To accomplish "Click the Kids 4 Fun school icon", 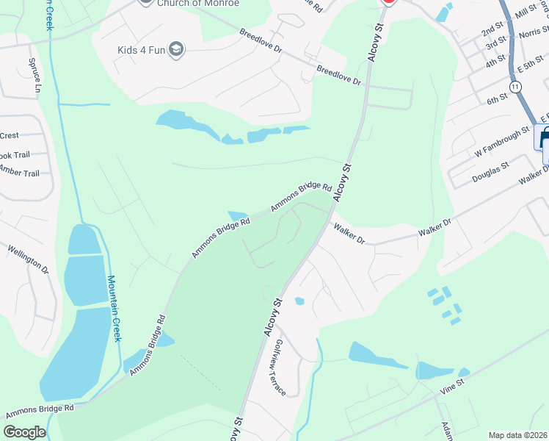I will coord(175,49).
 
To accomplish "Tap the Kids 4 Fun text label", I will coord(142,50).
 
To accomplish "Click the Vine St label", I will coord(452,387).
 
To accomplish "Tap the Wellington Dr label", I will coord(29,261).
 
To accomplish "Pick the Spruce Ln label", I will coord(34,76).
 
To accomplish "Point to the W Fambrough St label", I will coord(501,143).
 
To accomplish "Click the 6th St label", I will coord(498,98).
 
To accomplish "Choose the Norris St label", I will coord(534,33).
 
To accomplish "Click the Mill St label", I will coord(526,11).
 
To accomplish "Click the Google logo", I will coord(25,432).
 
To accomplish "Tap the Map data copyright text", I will coord(518,435).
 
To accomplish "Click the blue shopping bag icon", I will coord(545,137).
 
